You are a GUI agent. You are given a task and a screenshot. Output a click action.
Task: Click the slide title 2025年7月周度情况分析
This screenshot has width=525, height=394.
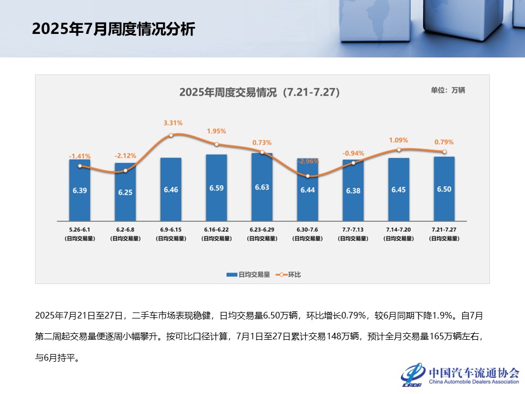(x=113, y=29)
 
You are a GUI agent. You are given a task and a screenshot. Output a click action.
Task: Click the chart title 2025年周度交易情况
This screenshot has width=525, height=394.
(x=259, y=92)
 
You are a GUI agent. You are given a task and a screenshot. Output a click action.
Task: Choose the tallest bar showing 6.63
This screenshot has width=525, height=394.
(x=262, y=187)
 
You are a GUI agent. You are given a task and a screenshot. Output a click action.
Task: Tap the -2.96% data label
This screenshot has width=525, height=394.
(x=308, y=161)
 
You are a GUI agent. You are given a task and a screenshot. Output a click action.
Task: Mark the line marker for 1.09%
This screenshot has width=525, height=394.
(x=399, y=149)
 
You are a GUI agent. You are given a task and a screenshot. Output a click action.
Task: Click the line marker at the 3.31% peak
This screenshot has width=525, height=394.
(x=171, y=135)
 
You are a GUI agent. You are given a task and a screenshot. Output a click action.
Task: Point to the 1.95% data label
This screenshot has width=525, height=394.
(x=217, y=131)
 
